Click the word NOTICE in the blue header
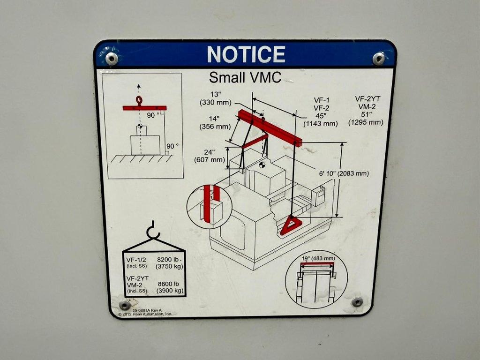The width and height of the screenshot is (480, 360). coord(246,54)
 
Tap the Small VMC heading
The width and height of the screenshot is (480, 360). coord(245,78)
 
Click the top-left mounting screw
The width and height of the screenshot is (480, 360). coord(112,59)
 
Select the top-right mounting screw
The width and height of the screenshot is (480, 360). coord(379,59)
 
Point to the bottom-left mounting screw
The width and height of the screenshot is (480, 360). coord(125,305)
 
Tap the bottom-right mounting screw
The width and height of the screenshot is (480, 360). coord(357,301)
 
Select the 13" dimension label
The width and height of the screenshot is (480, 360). coord(216,94)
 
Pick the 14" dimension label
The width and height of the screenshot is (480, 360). coord(215,119)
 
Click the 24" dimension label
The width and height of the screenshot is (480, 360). coord(210,152)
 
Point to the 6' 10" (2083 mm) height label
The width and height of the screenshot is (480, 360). coord(344,173)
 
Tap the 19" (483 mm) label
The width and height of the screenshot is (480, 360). coord(318,258)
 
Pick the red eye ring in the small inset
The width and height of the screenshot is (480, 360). coord(139,100)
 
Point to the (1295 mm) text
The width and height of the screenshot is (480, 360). coord(366,122)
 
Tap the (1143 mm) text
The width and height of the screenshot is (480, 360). coord(321,124)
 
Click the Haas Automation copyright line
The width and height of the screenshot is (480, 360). coord(145,314)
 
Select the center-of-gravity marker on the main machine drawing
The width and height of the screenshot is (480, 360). coord(262,165)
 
